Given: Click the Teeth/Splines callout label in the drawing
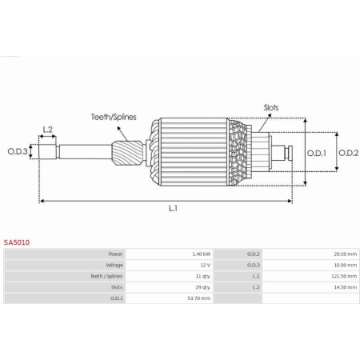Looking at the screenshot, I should click(x=113, y=117).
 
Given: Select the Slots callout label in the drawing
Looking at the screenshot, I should click(x=272, y=106).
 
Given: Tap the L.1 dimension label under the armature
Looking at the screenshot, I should click(x=172, y=209).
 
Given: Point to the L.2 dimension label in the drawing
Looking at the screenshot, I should click(x=47, y=129).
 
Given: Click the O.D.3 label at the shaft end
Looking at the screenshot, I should click(x=18, y=151).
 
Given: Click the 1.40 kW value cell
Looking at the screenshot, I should click(x=200, y=254).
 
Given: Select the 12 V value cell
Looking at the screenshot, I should click(x=205, y=265).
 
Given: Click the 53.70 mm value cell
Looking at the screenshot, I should click(x=198, y=298).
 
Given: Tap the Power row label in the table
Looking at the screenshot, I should click(x=115, y=254).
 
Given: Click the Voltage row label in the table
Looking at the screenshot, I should click(x=114, y=265).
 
